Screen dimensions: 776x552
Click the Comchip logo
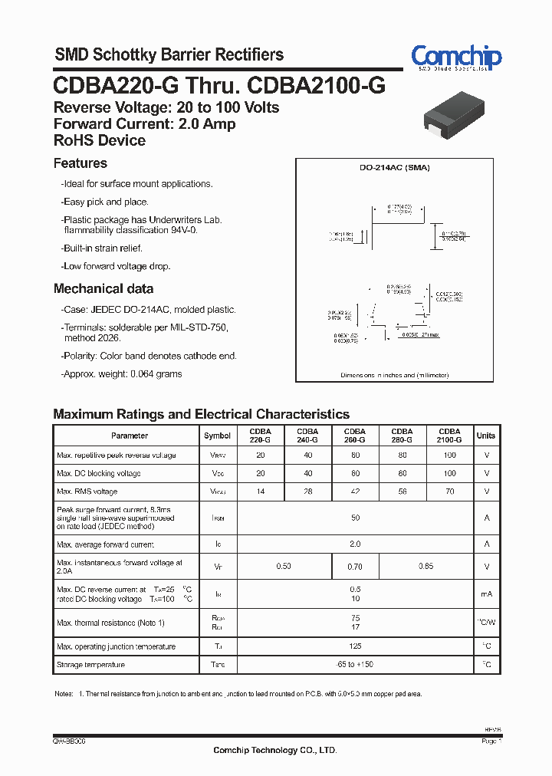tap(455, 58)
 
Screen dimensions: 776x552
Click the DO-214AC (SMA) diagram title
tap(395, 167)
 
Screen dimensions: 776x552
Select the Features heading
tap(80, 163)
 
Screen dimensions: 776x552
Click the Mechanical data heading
tap(103, 289)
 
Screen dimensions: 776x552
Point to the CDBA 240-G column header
tap(307, 436)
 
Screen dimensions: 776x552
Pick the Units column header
tap(486, 436)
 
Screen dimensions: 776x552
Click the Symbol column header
tap(217, 436)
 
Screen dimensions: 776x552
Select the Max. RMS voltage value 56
tap(402, 492)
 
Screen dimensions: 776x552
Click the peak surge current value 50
tap(355, 518)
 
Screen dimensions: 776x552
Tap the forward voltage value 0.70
tap(355, 567)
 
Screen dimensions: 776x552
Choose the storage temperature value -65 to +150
tap(355, 665)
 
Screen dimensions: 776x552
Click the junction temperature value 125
tap(355, 646)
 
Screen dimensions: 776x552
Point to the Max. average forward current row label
tap(105, 544)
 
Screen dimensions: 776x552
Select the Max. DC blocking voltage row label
tap(99, 473)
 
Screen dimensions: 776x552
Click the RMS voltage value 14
tap(261, 492)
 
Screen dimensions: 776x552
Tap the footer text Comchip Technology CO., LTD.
tap(275, 751)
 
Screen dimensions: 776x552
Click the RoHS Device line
tap(100, 140)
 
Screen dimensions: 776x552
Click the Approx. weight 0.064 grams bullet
tap(122, 374)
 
